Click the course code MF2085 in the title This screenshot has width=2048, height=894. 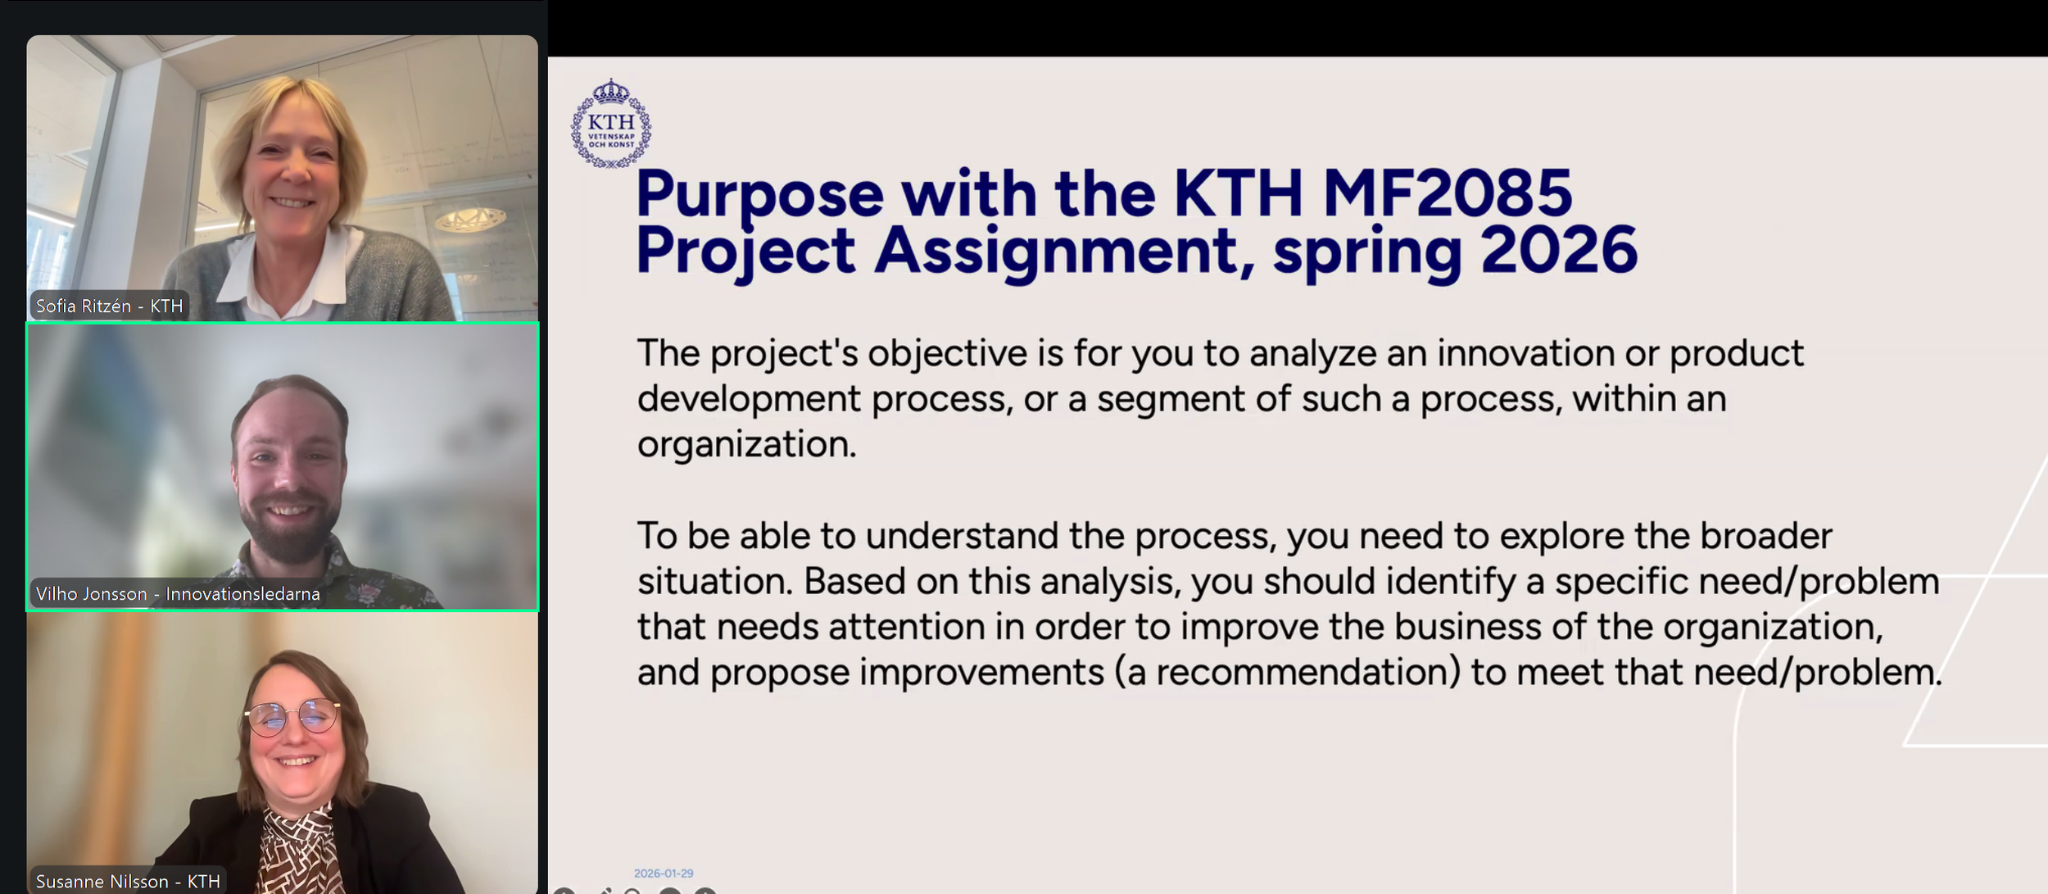point(1447,194)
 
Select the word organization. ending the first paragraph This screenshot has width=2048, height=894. point(746,445)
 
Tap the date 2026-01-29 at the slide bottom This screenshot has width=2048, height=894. point(664,874)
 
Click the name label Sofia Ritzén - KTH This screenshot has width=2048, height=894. point(109,306)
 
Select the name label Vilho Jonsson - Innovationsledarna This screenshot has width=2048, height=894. point(178,594)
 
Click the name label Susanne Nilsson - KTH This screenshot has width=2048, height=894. point(128,882)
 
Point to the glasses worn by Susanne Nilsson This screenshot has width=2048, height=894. point(292,716)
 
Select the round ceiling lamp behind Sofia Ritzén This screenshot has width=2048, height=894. point(470,219)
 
